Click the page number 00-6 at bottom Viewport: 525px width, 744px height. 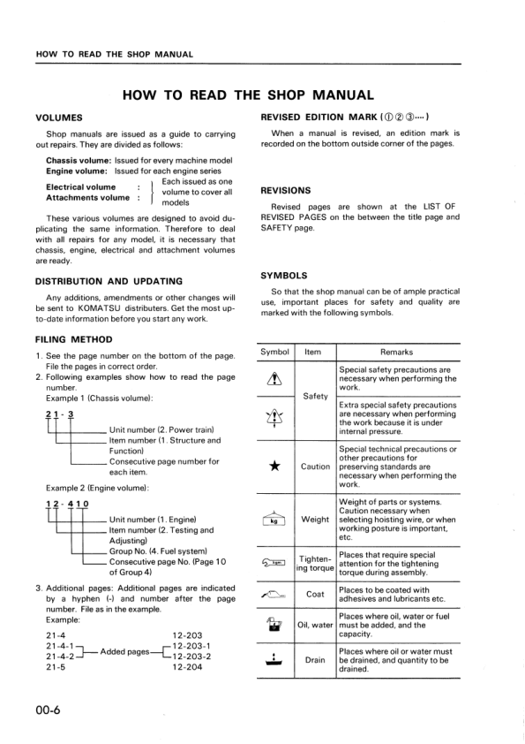click(x=48, y=711)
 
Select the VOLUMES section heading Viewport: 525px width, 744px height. click(x=59, y=118)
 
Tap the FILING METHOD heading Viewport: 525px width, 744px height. click(x=73, y=339)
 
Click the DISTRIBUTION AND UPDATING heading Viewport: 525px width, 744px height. click(x=109, y=281)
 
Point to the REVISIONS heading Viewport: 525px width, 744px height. click(x=286, y=190)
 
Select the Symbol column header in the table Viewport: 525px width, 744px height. click(x=275, y=352)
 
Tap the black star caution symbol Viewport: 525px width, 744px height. click(x=275, y=467)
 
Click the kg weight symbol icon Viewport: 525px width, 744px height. click(x=275, y=519)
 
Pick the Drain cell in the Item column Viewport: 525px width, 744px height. click(x=315, y=659)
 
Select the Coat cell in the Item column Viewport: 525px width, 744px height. click(x=315, y=595)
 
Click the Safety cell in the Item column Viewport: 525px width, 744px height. click(x=315, y=396)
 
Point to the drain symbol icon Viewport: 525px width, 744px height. click(x=275, y=659)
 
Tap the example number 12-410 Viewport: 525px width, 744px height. click(x=64, y=505)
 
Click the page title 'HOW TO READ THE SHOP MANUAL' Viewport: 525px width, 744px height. click(x=247, y=95)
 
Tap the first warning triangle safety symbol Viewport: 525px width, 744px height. click(x=275, y=376)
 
